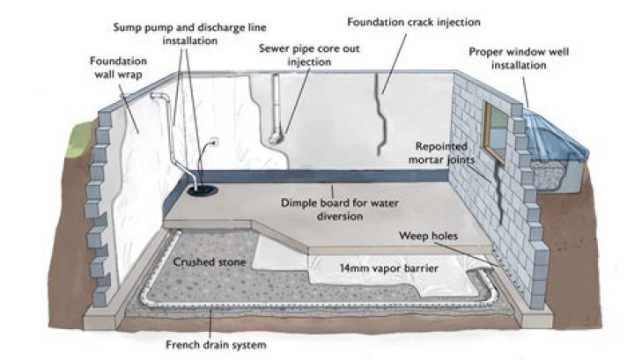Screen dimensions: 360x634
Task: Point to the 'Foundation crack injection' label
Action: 399,19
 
